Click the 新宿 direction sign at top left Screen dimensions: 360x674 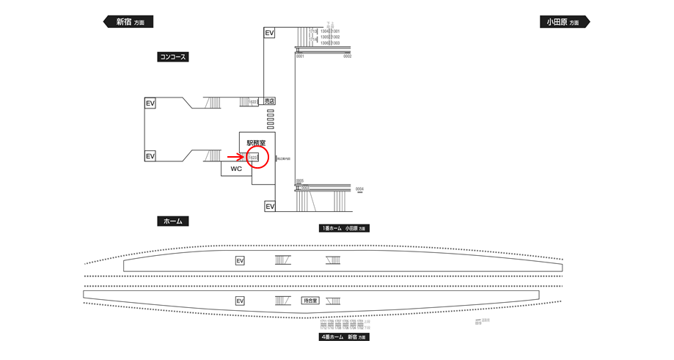[x=128, y=22]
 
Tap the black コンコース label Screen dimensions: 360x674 [x=173, y=56]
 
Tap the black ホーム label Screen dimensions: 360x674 [x=173, y=221]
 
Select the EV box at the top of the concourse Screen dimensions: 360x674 [x=269, y=33]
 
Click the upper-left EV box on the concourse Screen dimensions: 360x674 [x=150, y=103]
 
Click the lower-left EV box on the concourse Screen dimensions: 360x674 [x=150, y=156]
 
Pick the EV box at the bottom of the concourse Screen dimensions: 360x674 [x=270, y=207]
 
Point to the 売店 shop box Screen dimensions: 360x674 [x=269, y=101]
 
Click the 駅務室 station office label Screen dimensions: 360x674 [x=256, y=143]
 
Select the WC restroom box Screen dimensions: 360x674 [x=236, y=169]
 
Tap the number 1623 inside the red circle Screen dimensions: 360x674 [x=254, y=157]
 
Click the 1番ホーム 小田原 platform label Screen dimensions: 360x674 [x=343, y=228]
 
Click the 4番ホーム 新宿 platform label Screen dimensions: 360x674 [x=343, y=337]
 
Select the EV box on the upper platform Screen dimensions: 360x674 [x=240, y=260]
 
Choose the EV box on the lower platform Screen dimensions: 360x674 [x=240, y=301]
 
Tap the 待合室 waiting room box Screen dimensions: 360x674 [x=311, y=301]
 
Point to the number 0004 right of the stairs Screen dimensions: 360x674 [x=359, y=189]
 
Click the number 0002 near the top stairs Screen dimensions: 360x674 [x=347, y=56]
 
